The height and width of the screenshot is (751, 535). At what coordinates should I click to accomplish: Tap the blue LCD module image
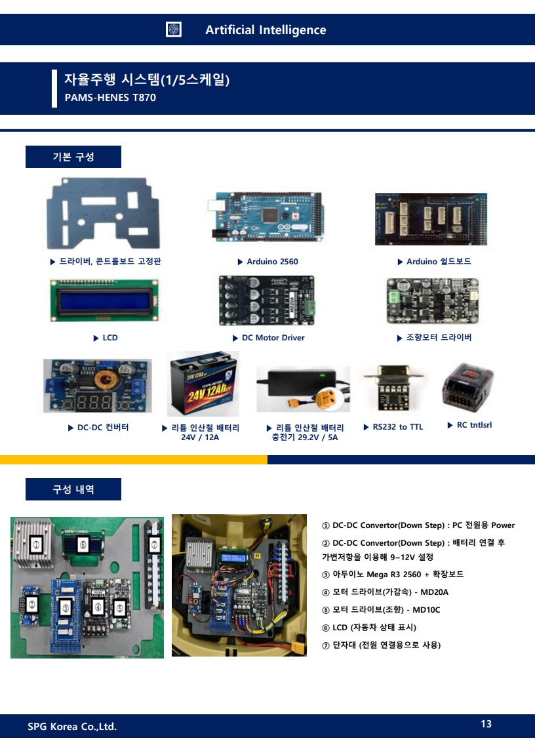click(104, 300)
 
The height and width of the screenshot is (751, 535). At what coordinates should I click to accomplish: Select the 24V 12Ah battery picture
click(203, 384)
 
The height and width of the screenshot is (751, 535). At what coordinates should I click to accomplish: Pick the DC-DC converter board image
click(98, 386)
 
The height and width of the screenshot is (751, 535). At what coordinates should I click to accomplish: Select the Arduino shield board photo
click(431, 220)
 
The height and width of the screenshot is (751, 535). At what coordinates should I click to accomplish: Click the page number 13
click(486, 724)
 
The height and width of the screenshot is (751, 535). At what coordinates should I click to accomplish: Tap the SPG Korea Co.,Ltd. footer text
click(72, 726)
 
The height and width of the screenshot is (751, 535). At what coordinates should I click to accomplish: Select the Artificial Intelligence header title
click(266, 30)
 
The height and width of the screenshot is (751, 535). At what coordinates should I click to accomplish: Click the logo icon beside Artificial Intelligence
click(174, 30)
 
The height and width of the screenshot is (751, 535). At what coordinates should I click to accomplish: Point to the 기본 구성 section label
click(73, 157)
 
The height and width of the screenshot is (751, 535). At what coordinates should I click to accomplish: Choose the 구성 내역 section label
click(73, 489)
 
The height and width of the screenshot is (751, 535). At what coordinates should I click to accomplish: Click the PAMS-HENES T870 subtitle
click(110, 98)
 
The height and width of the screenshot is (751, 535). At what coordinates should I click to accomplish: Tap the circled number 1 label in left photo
click(37, 544)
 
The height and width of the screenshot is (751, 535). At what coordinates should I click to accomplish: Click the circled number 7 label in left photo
click(154, 544)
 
